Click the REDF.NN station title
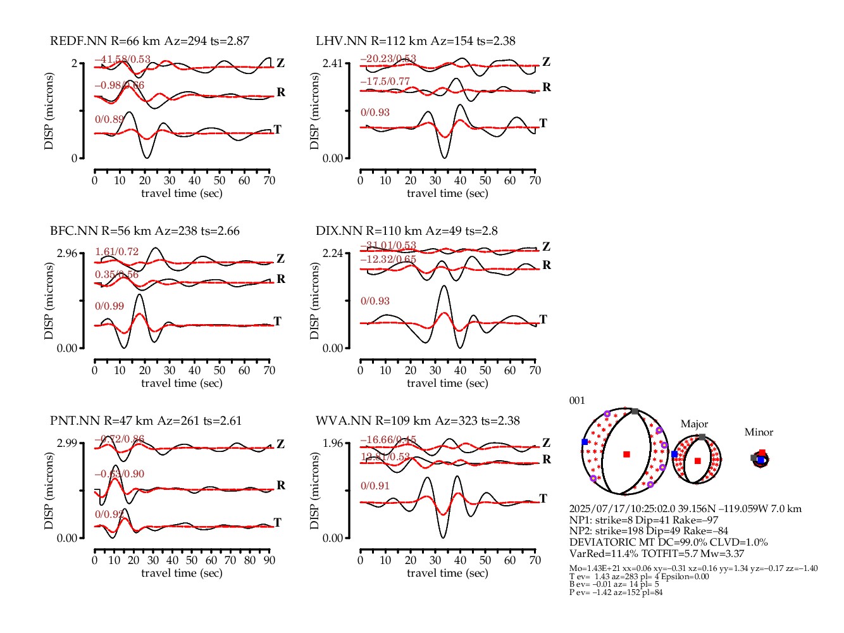149,41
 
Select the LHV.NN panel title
416,41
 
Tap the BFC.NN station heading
145,231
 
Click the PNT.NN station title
146,421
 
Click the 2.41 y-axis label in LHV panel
333,63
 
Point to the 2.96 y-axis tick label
67,253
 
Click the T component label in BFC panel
277,321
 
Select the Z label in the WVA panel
546,442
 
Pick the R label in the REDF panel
281,92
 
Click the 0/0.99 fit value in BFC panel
109,306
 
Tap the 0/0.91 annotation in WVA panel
375,486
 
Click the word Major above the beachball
694,424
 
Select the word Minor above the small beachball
759,432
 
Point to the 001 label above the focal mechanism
577,401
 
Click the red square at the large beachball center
626,454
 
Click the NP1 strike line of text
643,520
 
